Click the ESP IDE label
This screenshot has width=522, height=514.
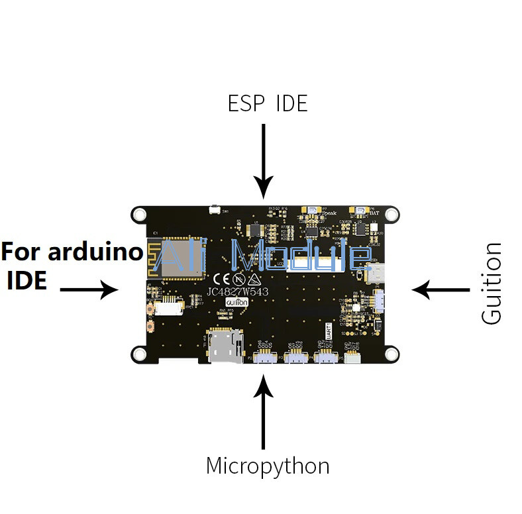(268, 103)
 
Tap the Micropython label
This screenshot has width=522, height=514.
(268, 465)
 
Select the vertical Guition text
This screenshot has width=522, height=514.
(492, 283)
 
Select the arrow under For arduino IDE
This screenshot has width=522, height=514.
(89, 289)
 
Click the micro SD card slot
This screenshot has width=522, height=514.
(225, 346)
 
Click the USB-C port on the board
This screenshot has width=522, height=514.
(376, 272)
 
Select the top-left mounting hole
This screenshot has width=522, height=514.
(139, 214)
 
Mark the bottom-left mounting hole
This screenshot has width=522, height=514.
(139, 354)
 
